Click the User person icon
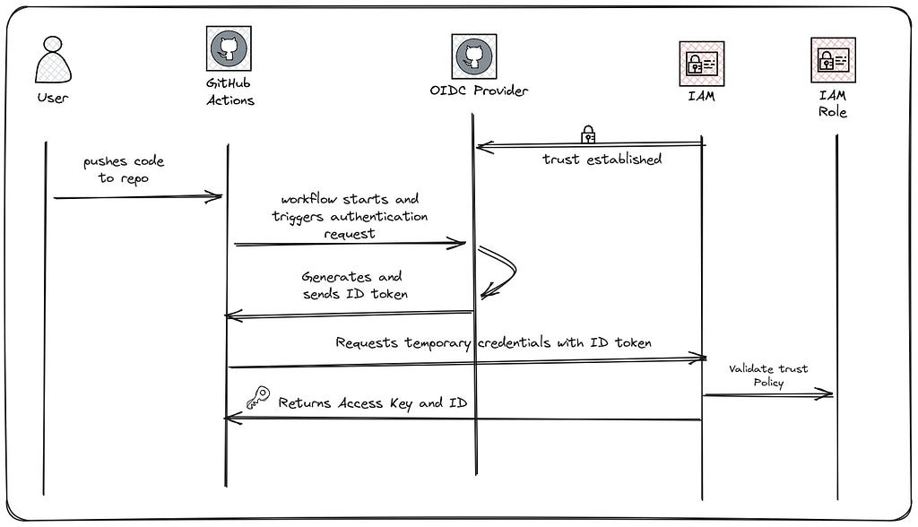click(53, 60)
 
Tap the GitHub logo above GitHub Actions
click(229, 48)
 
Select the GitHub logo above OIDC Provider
click(473, 56)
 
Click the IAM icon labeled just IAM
click(701, 64)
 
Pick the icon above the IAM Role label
click(833, 60)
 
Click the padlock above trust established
click(588, 134)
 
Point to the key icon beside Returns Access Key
click(258, 397)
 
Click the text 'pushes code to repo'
click(124, 169)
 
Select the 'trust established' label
click(602, 159)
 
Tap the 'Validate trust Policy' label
click(768, 376)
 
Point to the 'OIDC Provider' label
click(479, 91)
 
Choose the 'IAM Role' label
click(833, 104)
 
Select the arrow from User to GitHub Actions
click(137, 197)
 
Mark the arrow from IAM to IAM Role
click(768, 394)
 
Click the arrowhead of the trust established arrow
click(485, 146)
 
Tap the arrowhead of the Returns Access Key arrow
click(233, 418)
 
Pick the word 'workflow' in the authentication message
click(309, 199)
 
